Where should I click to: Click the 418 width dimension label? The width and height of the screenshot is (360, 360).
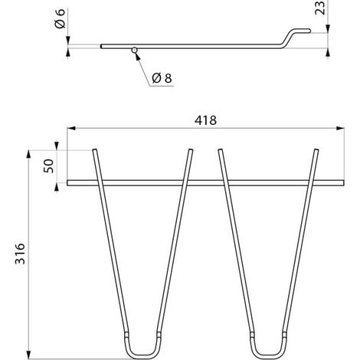pos(205,120)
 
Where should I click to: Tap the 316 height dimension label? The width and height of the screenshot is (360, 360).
pos(20,254)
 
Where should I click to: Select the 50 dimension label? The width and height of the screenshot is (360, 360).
pos(48,166)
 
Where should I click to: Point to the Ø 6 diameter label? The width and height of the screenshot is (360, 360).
pos(61,18)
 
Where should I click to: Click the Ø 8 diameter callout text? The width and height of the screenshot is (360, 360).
pos(162,78)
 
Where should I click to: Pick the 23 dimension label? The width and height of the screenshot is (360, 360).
pos(319,8)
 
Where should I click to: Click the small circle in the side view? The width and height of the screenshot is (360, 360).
pos(135,50)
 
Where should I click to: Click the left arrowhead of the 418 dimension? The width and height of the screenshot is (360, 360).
pos(71,128)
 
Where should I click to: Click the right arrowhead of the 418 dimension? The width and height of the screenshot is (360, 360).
pos(340,128)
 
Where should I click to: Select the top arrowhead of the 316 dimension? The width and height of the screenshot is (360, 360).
pos(28,154)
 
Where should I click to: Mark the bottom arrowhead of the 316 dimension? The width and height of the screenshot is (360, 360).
pos(28,355)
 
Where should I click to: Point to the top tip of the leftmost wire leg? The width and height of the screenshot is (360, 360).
pos(94,150)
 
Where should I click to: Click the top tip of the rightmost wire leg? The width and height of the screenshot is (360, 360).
pos(316,150)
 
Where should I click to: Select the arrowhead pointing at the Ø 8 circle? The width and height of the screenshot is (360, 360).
pos(137,57)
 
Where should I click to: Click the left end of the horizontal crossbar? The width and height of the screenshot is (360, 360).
pos(68,183)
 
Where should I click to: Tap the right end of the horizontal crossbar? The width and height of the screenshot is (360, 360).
pos(343,183)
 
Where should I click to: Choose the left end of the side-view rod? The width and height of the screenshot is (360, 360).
pos(101,46)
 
